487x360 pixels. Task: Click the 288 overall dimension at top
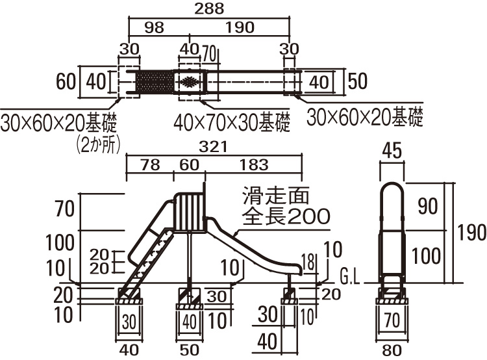click(209, 8)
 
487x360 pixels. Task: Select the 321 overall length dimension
click(213, 147)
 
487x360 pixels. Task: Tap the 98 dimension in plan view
click(155, 28)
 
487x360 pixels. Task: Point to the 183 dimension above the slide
click(254, 165)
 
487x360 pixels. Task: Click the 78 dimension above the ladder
click(151, 165)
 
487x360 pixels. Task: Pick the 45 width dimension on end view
click(392, 151)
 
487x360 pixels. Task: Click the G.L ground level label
click(350, 277)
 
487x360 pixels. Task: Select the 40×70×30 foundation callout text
click(232, 122)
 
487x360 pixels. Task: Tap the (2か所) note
click(98, 144)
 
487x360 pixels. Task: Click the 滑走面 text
click(276, 195)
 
